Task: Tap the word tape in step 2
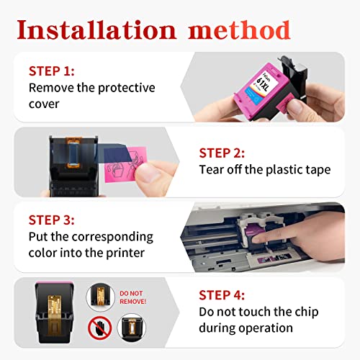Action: click(315, 170)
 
